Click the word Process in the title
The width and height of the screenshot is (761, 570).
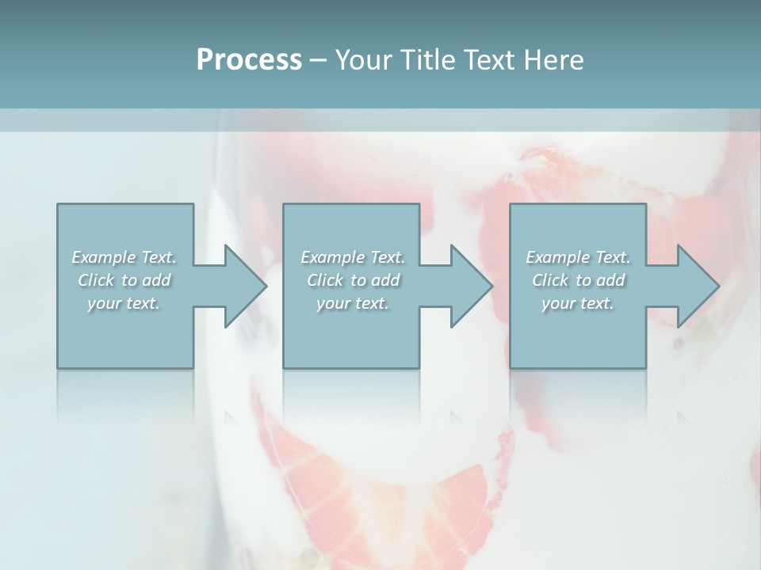(x=249, y=60)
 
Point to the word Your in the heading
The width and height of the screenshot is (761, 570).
(x=364, y=60)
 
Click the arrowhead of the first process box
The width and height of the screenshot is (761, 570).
(x=242, y=286)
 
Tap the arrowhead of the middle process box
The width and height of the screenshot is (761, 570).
(x=468, y=286)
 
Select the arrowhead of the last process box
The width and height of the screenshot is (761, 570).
(x=694, y=286)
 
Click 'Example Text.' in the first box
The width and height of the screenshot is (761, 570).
(x=124, y=257)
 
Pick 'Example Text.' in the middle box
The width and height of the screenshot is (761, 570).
(x=353, y=257)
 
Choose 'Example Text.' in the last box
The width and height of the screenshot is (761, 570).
(x=578, y=257)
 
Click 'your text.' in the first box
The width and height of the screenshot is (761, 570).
(x=124, y=303)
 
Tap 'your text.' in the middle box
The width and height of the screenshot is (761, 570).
(x=352, y=303)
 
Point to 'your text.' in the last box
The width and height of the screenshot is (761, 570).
(x=577, y=303)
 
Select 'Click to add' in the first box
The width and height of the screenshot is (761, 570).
(x=124, y=280)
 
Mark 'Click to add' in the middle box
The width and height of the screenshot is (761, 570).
(x=353, y=280)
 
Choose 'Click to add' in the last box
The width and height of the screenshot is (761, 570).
(x=578, y=280)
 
